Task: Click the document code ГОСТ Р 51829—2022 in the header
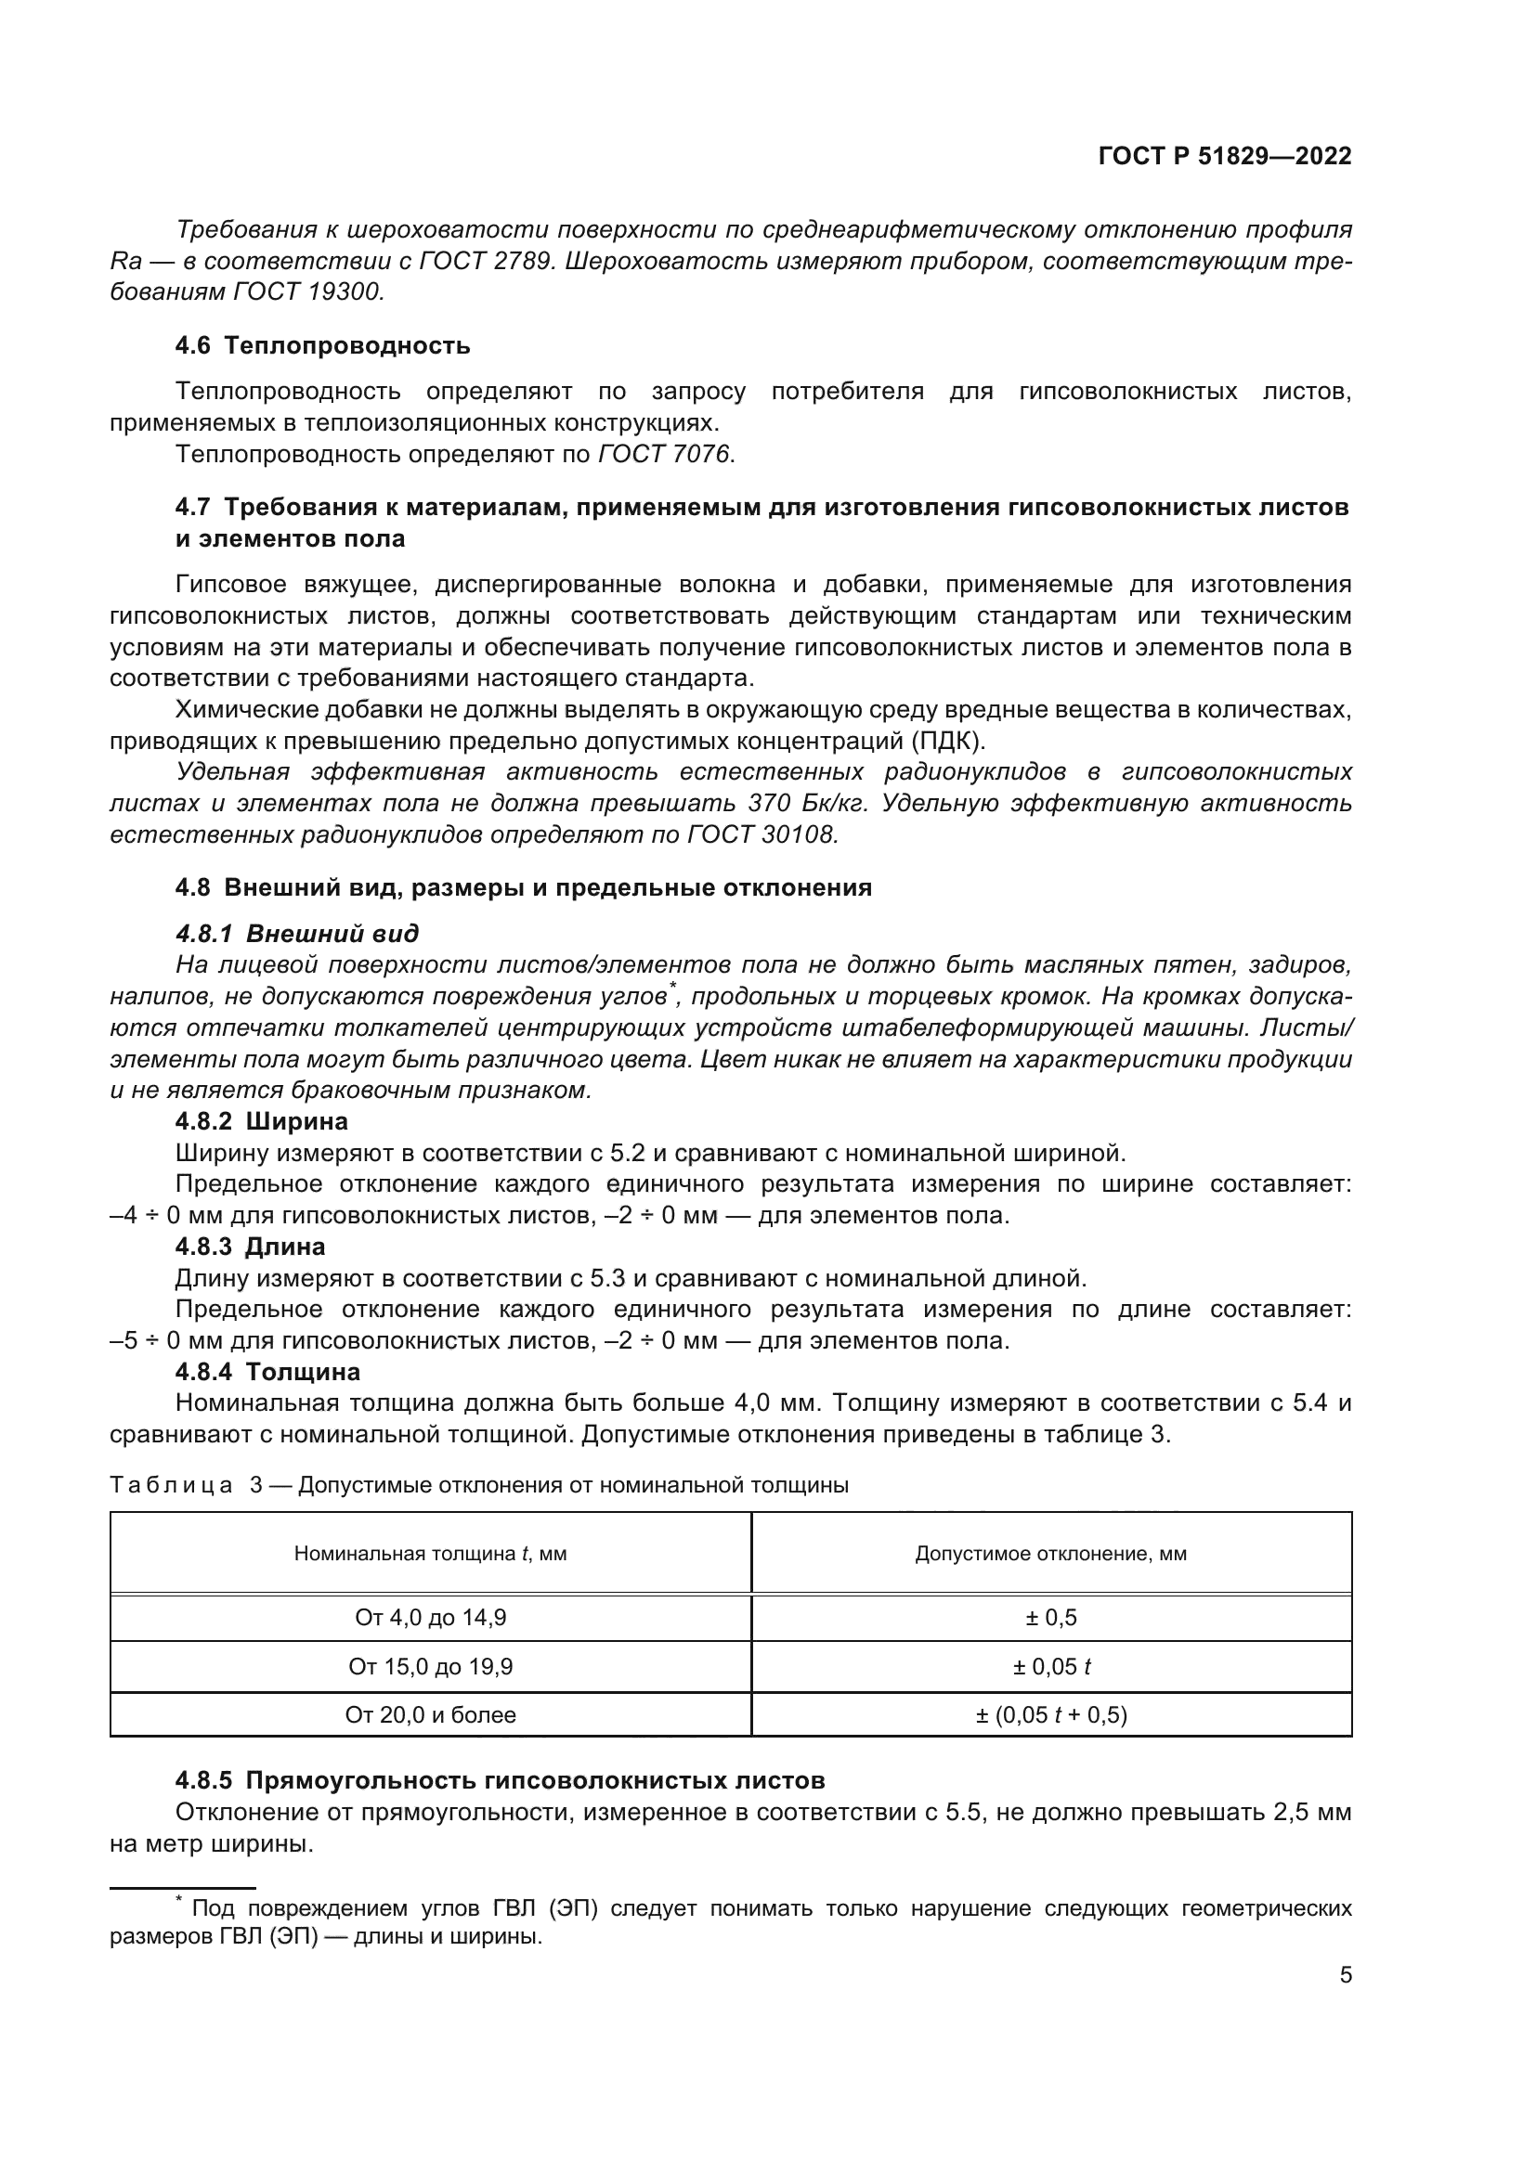(x=1225, y=157)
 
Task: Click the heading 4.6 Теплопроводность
(x=322, y=345)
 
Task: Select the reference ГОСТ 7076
(x=664, y=455)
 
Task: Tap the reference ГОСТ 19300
(x=306, y=292)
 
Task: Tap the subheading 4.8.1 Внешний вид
(x=297, y=935)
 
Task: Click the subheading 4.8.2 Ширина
(x=262, y=1121)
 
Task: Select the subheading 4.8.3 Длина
(x=251, y=1247)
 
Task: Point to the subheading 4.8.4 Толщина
(x=267, y=1371)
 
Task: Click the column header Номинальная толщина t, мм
(x=430, y=1554)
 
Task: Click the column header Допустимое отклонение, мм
(x=1051, y=1554)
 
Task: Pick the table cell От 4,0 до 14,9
(x=430, y=1618)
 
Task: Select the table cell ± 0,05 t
(x=1051, y=1666)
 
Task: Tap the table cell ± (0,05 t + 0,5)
(x=1051, y=1714)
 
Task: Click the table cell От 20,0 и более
(x=430, y=1714)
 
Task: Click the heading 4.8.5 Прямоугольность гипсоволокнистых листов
(x=501, y=1780)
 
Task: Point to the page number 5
(x=1346, y=1975)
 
